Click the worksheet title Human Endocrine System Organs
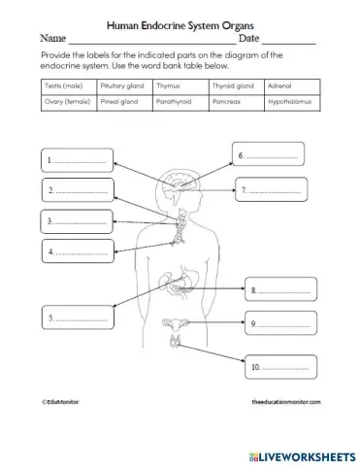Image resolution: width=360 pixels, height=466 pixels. (x=180, y=23)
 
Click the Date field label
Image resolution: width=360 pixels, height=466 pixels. (x=249, y=39)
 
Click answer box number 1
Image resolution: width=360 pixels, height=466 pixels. (x=77, y=160)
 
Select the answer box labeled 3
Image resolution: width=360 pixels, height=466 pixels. (x=77, y=222)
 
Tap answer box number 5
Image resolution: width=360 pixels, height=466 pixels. (x=77, y=317)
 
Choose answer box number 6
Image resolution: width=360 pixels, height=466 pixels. (x=268, y=155)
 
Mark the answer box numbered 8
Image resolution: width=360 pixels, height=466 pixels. (x=278, y=290)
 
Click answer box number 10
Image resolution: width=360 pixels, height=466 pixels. (x=278, y=368)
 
